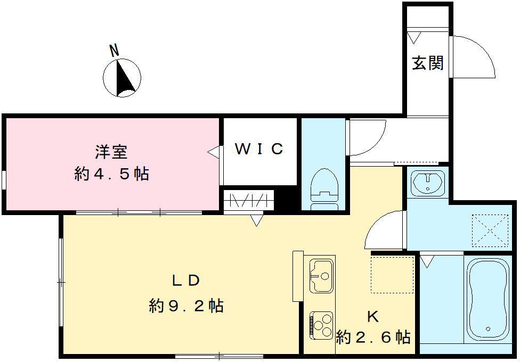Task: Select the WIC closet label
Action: click(259, 149)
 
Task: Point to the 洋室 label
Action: click(111, 152)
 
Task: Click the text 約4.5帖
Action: click(111, 174)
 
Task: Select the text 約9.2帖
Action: click(186, 306)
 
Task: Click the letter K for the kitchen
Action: click(372, 316)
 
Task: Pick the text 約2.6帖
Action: click(373, 337)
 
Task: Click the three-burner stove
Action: click(320, 325)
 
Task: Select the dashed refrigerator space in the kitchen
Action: click(393, 274)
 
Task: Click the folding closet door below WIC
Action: click(249, 202)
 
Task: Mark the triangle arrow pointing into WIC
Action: click(212, 152)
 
